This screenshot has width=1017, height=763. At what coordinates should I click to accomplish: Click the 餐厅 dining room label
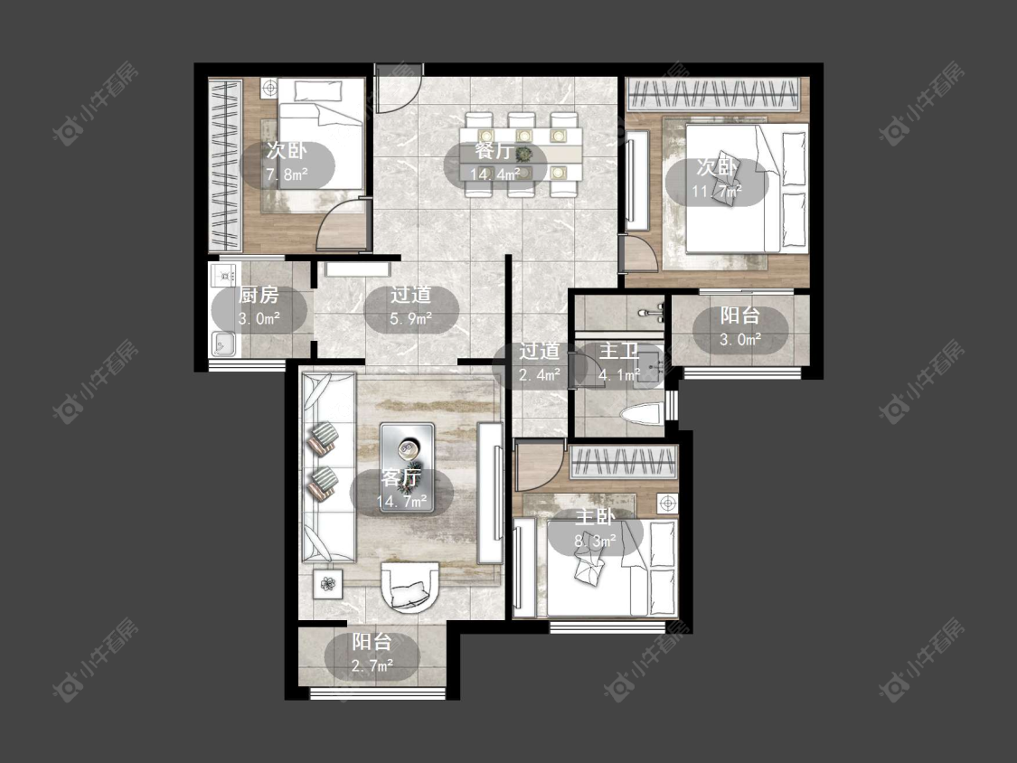point(494,151)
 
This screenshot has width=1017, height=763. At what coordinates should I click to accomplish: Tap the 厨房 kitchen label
point(259,296)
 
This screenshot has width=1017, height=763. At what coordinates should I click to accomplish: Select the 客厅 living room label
point(400,477)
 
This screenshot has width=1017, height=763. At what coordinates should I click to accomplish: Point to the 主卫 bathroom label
point(618,352)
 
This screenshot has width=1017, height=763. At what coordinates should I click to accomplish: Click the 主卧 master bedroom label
point(596,517)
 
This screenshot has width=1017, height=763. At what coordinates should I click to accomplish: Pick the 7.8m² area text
point(287,174)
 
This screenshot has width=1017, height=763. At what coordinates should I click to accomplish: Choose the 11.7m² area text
point(717,192)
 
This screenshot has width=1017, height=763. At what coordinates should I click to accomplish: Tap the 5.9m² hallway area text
point(410,318)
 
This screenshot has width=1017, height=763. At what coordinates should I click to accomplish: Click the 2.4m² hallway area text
point(540,375)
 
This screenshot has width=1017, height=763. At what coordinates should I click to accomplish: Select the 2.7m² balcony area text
point(372,666)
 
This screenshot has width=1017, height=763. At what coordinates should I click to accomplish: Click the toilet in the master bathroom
point(642,413)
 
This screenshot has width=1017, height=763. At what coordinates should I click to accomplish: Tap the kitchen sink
point(223,344)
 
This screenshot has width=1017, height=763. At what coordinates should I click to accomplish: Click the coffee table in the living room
point(407,467)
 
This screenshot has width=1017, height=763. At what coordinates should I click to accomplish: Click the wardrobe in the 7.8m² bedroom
point(224,165)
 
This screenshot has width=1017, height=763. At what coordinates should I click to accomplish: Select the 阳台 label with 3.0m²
point(740,316)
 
